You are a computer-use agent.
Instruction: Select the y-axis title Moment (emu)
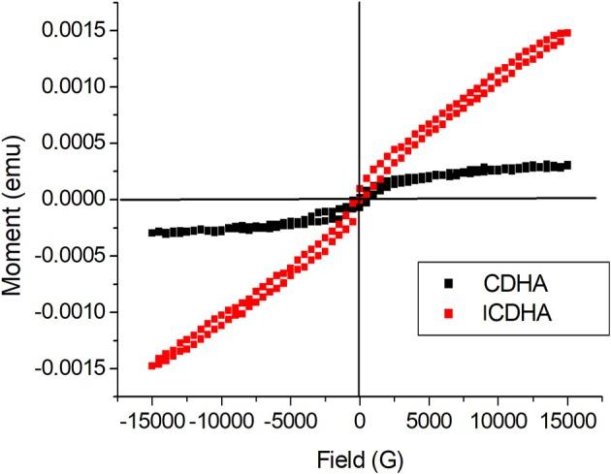(x=18, y=199)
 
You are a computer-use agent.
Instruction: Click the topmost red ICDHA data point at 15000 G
(x=567, y=33)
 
